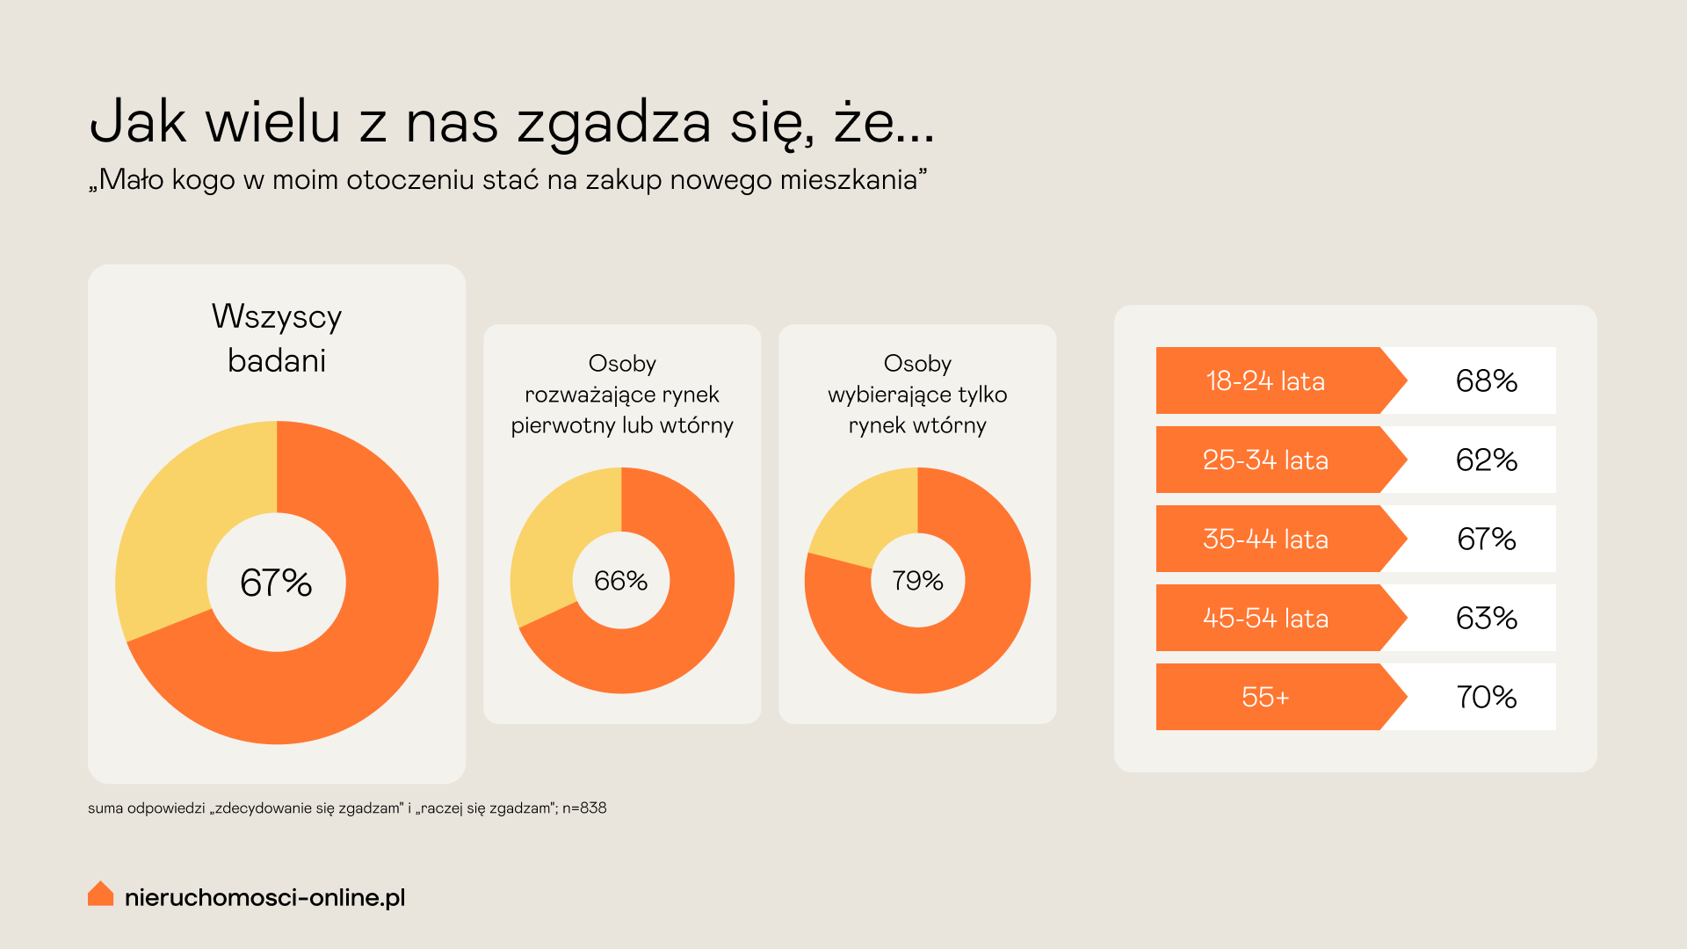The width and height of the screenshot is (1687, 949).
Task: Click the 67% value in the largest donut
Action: click(x=276, y=583)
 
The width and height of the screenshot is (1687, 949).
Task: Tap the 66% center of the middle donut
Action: click(x=621, y=581)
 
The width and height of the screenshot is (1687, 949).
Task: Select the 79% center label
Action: click(x=917, y=581)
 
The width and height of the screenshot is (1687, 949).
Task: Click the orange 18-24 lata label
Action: click(x=1265, y=381)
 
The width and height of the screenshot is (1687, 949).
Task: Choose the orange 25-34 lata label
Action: click(x=1265, y=460)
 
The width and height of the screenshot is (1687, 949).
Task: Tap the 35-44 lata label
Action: click(x=1265, y=540)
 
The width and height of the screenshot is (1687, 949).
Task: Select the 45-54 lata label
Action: click(x=1265, y=619)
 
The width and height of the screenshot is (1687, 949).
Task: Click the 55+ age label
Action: click(x=1265, y=698)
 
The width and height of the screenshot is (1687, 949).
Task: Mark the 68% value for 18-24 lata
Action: click(x=1486, y=381)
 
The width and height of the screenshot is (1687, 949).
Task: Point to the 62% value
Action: click(x=1486, y=460)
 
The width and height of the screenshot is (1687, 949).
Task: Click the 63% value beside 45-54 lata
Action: click(x=1486, y=619)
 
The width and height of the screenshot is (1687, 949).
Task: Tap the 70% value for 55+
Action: click(x=1486, y=698)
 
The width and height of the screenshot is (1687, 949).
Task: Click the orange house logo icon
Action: click(x=101, y=894)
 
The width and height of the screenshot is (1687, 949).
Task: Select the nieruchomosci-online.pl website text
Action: click(x=264, y=897)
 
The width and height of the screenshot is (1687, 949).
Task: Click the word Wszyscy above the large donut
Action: click(x=277, y=317)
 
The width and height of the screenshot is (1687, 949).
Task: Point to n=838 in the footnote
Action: click(x=584, y=808)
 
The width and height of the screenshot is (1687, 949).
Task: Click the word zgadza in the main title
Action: click(x=613, y=123)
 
